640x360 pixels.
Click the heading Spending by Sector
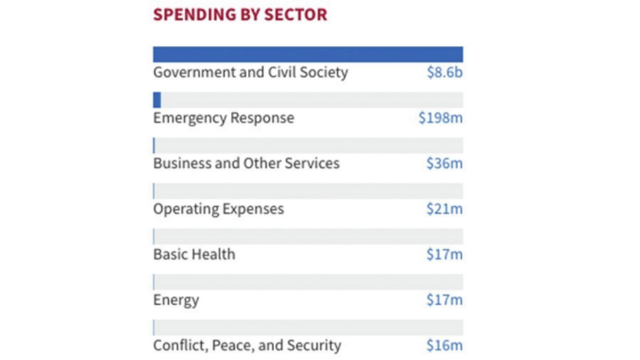click(x=240, y=14)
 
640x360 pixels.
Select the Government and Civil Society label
click(x=251, y=72)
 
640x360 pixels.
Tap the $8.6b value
click(x=444, y=72)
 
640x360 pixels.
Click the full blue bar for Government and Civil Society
click(x=308, y=54)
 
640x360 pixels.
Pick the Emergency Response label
click(x=223, y=117)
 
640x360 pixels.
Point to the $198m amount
click(x=440, y=117)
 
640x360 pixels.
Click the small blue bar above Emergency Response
click(x=157, y=100)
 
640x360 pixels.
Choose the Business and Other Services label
click(x=246, y=164)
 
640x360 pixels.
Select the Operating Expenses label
click(x=219, y=209)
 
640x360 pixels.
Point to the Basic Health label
click(x=194, y=254)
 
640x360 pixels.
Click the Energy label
click(x=176, y=300)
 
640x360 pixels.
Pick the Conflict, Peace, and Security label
click(x=247, y=345)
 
